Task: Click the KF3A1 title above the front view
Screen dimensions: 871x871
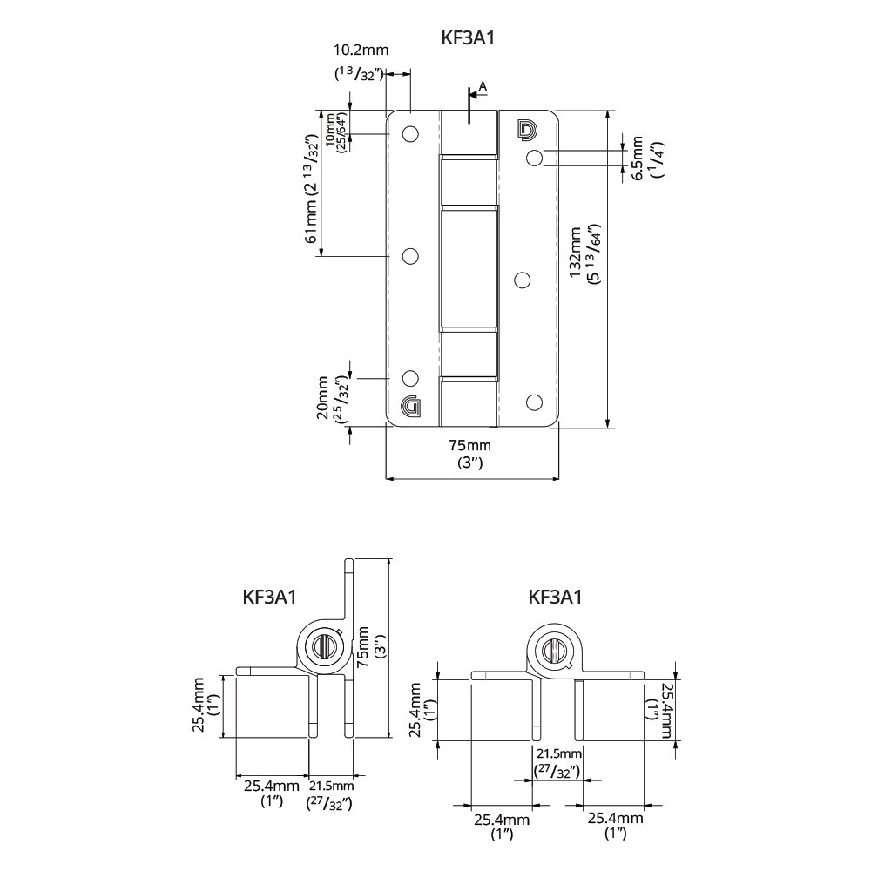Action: pyautogui.click(x=467, y=37)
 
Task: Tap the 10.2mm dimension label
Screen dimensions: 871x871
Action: pyautogui.click(x=361, y=50)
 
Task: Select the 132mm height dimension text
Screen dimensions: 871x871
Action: pyautogui.click(x=575, y=253)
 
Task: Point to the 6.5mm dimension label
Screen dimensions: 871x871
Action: pyautogui.click(x=638, y=158)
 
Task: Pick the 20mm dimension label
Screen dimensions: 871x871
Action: pyautogui.click(x=323, y=398)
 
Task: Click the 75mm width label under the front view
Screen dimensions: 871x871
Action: pyautogui.click(x=469, y=445)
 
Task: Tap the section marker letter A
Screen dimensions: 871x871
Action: pyautogui.click(x=483, y=86)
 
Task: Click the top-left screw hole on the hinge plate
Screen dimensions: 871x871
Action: pyautogui.click(x=410, y=134)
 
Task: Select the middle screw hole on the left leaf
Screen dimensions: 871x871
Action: pyautogui.click(x=410, y=256)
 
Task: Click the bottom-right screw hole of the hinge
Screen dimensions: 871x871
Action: pyautogui.click(x=534, y=402)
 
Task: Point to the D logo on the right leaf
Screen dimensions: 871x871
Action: pyautogui.click(x=527, y=129)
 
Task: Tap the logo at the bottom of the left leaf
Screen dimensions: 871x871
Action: pyautogui.click(x=410, y=406)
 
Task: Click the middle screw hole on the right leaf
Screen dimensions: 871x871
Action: pyautogui.click(x=522, y=280)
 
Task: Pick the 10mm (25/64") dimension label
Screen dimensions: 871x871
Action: pyautogui.click(x=336, y=132)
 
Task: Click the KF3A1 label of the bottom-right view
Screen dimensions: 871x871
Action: pyautogui.click(x=554, y=597)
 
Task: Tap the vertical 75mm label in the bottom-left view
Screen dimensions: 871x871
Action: pyautogui.click(x=362, y=647)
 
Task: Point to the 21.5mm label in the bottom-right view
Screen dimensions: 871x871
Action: pyautogui.click(x=559, y=753)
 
